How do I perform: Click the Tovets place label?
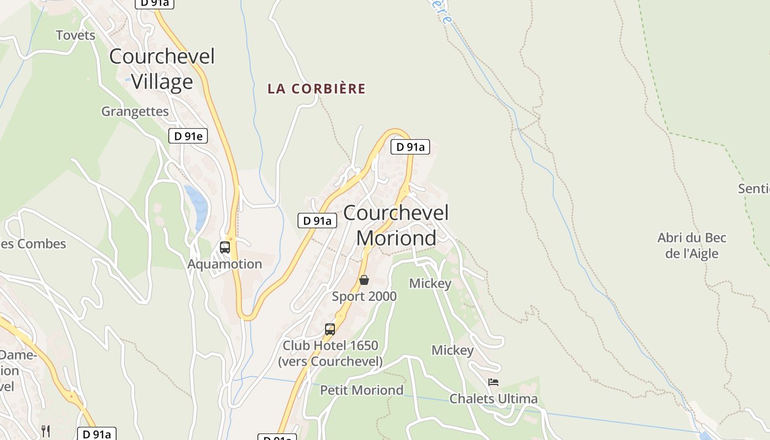(x=75, y=35)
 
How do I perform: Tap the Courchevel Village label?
(x=162, y=69)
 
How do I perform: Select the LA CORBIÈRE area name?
(x=316, y=89)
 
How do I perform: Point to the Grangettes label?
(x=135, y=111)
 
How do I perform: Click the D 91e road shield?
(x=188, y=136)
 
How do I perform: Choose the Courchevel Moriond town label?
(x=396, y=226)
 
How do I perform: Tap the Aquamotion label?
(x=224, y=264)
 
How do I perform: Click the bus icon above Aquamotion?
(x=224, y=248)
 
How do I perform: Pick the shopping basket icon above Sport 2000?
(x=364, y=280)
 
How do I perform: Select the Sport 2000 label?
(x=364, y=296)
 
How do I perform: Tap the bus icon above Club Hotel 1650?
(x=329, y=329)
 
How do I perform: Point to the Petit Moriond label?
(x=361, y=390)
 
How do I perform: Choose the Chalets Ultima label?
(x=493, y=398)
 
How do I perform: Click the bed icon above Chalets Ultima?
(x=493, y=382)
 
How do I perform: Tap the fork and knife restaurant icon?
(x=46, y=431)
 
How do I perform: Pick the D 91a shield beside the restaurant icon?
(x=96, y=434)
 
